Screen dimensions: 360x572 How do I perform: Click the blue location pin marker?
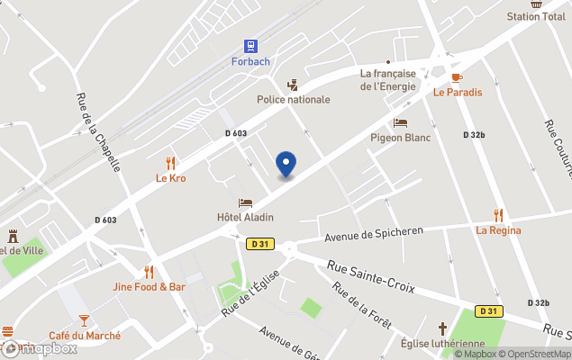(x=286, y=165)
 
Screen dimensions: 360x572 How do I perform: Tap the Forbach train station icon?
(x=250, y=45)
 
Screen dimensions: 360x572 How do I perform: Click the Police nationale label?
(x=294, y=100)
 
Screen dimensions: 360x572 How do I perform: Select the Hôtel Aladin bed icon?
(x=244, y=202)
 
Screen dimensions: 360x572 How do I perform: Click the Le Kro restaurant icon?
(x=171, y=163)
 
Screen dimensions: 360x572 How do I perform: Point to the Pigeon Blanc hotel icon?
(x=401, y=122)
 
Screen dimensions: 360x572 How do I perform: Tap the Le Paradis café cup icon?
(x=457, y=77)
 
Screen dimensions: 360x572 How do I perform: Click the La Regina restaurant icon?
(x=498, y=215)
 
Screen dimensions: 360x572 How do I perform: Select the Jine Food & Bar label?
(x=150, y=287)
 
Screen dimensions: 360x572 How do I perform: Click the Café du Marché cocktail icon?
(x=84, y=319)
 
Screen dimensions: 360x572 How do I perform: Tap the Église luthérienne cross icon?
(x=442, y=328)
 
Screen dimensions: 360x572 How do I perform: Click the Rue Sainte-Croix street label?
(x=370, y=275)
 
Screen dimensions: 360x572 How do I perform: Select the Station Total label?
(x=536, y=17)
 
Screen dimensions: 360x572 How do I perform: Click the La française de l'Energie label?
(x=387, y=80)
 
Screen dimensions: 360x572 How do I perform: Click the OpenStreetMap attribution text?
(x=537, y=353)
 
